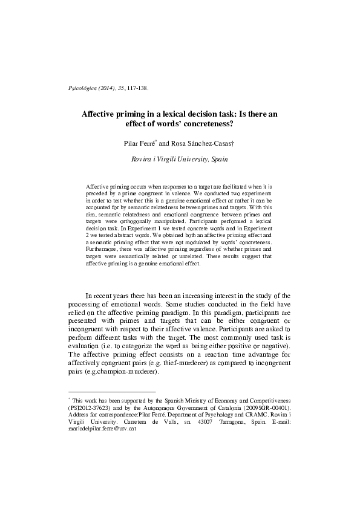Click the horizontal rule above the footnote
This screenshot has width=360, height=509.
[x=113, y=392]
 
